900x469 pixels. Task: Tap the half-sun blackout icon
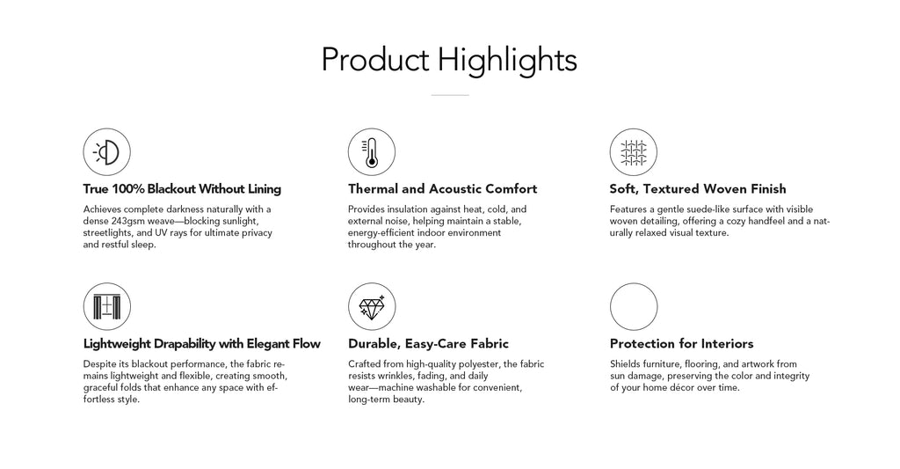[x=106, y=151]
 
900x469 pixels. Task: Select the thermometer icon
[x=372, y=151]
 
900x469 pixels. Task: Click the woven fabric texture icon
[x=633, y=151]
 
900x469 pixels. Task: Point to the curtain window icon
[x=106, y=306]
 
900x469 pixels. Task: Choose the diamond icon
[x=372, y=306]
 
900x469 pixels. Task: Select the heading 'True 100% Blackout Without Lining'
[x=182, y=189]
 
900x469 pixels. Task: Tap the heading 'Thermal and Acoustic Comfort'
[x=443, y=189]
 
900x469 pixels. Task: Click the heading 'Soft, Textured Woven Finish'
[x=698, y=189]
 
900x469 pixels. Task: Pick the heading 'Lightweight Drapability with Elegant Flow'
[x=201, y=344]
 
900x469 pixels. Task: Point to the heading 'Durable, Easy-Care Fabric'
[x=428, y=344]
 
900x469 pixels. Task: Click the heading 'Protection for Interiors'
[x=681, y=344]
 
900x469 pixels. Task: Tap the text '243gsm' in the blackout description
[x=128, y=221]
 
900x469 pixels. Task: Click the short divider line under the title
[x=450, y=95]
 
